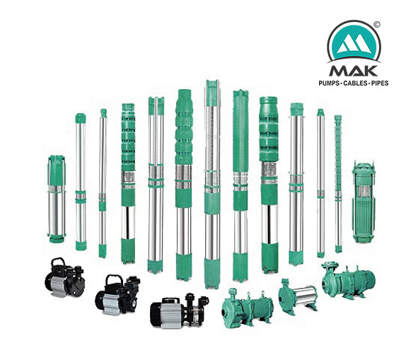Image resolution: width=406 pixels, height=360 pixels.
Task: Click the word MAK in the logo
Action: [353, 71]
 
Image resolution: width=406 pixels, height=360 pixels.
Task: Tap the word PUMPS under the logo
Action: [329, 83]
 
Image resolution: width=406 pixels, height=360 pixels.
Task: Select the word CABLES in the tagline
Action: [355, 83]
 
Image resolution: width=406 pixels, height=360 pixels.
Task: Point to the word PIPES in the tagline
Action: [380, 83]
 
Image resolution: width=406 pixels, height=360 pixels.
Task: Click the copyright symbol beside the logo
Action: [377, 25]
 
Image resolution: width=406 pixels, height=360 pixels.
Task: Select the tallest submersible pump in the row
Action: [212, 184]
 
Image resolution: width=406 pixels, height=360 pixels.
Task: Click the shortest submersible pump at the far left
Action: [57, 199]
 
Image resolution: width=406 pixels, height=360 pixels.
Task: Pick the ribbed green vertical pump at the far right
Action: [364, 202]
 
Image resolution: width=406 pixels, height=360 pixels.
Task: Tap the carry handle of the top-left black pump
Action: [58, 262]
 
